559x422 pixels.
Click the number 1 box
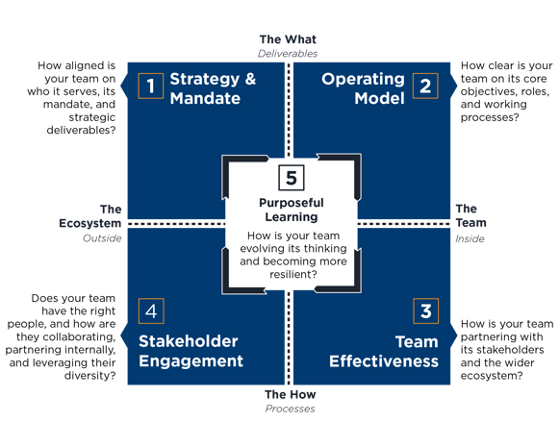pos(151,86)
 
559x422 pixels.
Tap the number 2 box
pos(425,86)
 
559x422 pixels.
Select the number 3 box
pos(425,310)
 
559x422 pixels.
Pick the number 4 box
pos(151,310)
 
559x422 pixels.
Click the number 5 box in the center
pos(292,178)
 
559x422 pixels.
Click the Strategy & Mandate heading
pos(213,88)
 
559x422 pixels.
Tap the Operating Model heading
pos(363,88)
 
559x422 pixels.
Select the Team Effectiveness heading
pos(384,351)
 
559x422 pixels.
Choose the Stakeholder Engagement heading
pos(191,351)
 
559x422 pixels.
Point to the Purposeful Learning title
pos(292,210)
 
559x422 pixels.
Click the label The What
pos(288,39)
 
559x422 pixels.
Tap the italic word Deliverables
pos(288,54)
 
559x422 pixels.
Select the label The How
pos(291,394)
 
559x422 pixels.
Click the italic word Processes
pos(291,409)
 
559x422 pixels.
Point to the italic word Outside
pos(102,238)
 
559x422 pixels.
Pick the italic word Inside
pos(470,238)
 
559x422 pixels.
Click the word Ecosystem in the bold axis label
pos(90,224)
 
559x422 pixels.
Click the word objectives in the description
pos(485,92)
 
